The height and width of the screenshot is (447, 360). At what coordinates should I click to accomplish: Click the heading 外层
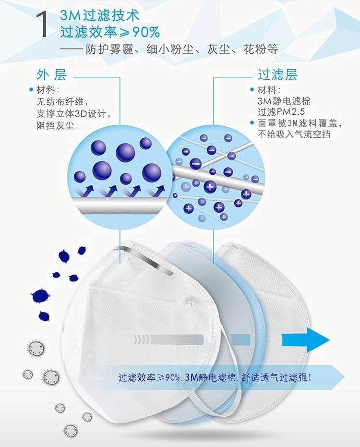click(51, 75)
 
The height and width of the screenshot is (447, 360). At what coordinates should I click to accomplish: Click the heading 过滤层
click(277, 75)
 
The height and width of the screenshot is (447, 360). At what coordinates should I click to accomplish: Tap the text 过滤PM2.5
click(281, 111)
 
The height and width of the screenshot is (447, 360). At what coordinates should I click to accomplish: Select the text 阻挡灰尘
click(55, 125)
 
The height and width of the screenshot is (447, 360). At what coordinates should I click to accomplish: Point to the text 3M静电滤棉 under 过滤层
click(284, 101)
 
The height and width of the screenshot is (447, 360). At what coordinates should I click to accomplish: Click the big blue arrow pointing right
click(305, 340)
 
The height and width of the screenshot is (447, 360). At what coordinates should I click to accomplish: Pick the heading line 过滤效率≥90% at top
click(110, 32)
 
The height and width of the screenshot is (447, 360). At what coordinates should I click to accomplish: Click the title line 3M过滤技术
click(100, 15)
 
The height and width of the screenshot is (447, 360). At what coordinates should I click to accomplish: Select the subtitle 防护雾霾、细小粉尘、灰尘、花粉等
click(182, 49)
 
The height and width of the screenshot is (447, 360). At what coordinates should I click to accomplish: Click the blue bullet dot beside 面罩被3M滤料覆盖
click(252, 123)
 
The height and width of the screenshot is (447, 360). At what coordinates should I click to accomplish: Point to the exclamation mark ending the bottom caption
click(310, 377)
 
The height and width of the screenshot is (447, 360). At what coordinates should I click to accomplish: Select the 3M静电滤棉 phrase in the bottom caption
click(210, 377)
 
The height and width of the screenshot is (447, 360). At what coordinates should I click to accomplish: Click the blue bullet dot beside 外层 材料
click(31, 89)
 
